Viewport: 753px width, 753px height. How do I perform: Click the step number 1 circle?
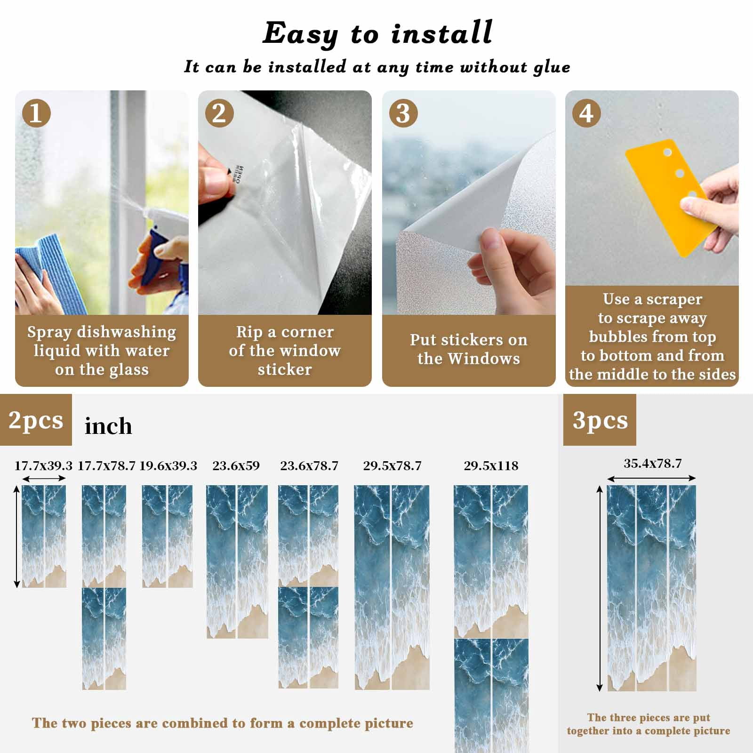pyautogui.click(x=36, y=113)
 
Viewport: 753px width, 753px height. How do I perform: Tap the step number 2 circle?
pyautogui.click(x=219, y=113)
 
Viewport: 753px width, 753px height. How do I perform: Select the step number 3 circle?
pyautogui.click(x=403, y=113)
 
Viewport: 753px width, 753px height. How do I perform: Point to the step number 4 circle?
pyautogui.click(x=586, y=113)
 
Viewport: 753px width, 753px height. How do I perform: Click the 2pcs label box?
pyautogui.click(x=36, y=420)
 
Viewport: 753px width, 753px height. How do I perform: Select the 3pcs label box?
pyautogui.click(x=600, y=420)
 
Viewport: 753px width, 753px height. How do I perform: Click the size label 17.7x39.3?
pyautogui.click(x=43, y=466)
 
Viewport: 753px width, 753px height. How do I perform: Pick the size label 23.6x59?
pyautogui.click(x=236, y=466)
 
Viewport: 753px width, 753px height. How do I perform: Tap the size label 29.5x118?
pyautogui.click(x=491, y=466)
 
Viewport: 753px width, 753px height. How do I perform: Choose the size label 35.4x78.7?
pyautogui.click(x=652, y=464)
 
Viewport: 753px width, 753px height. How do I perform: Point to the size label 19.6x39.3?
pyautogui.click(x=168, y=466)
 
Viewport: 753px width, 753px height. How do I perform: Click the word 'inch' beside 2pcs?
pyautogui.click(x=108, y=426)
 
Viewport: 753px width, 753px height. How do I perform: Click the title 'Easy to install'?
pyautogui.click(x=377, y=33)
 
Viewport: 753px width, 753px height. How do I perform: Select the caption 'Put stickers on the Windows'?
pyautogui.click(x=468, y=349)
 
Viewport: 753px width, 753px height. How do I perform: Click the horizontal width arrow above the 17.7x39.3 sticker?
pyautogui.click(x=44, y=479)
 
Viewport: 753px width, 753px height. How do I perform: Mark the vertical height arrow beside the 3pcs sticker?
pyautogui.click(x=600, y=589)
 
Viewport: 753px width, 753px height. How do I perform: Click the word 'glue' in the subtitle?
pyautogui.click(x=552, y=68)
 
